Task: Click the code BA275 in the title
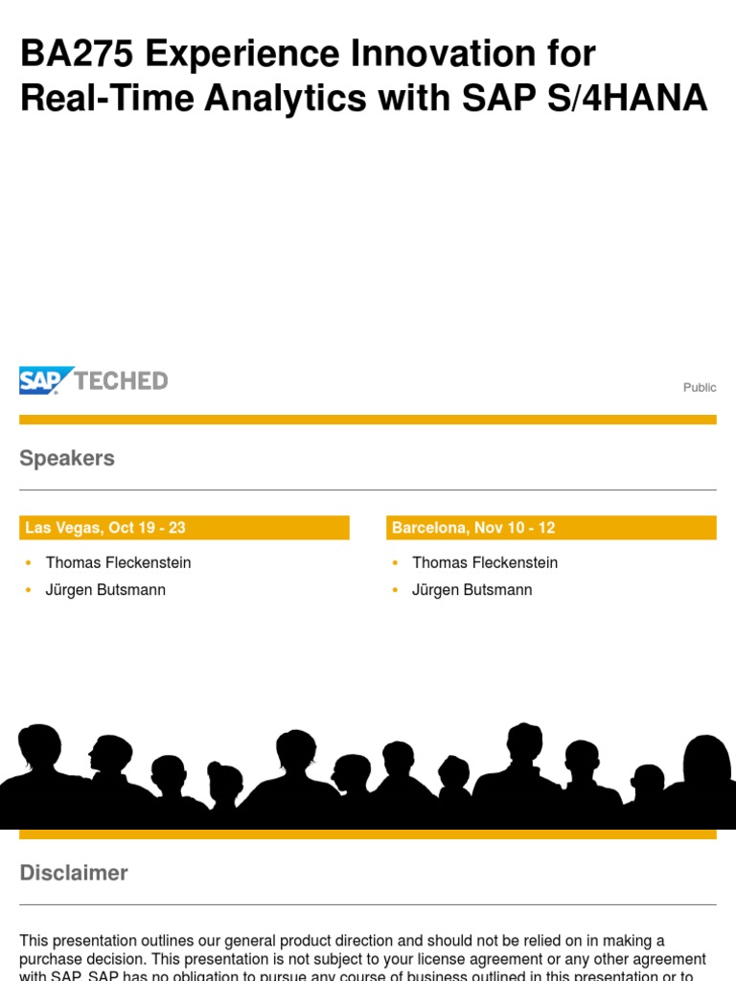pyautogui.click(x=78, y=55)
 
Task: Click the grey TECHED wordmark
pyautogui.click(x=122, y=380)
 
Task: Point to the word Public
pyautogui.click(x=700, y=387)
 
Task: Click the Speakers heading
pyautogui.click(x=67, y=458)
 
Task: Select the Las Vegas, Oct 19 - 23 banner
pyautogui.click(x=184, y=528)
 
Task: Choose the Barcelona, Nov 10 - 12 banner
pyautogui.click(x=551, y=528)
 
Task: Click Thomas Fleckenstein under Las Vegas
pyautogui.click(x=118, y=562)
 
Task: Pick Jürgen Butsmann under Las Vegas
pyautogui.click(x=105, y=589)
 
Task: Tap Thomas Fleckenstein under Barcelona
pyautogui.click(x=484, y=562)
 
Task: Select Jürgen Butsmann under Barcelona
pyautogui.click(x=471, y=589)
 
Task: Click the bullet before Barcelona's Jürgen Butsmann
pyautogui.click(x=396, y=590)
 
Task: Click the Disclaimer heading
pyautogui.click(x=74, y=873)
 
